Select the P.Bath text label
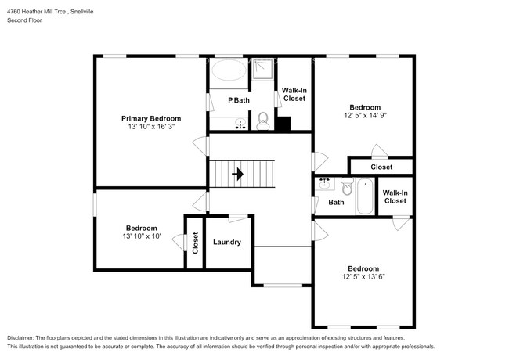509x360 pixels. click(238, 101)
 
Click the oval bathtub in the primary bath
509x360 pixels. click(229, 71)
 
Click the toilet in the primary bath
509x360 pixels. click(263, 121)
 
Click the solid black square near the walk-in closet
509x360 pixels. click(283, 124)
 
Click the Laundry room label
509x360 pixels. click(226, 243)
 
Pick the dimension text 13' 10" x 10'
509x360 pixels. click(141, 236)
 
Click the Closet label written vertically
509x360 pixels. click(195, 243)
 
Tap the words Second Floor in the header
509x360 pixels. click(25, 20)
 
